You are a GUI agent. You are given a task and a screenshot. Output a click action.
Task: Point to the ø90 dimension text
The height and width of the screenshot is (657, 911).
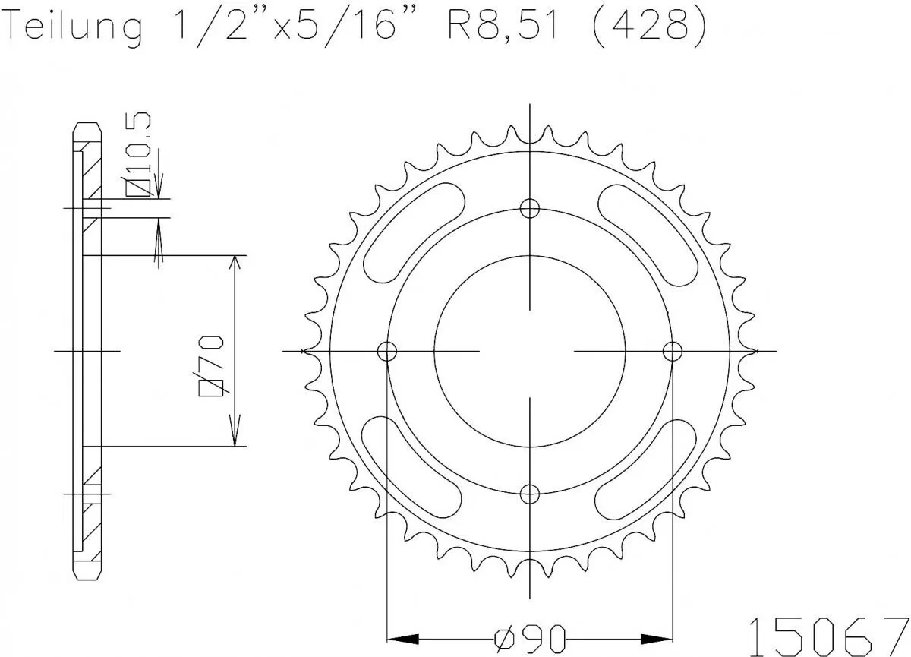[530, 635]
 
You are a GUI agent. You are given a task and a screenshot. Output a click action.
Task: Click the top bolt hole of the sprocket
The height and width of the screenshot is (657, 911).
[530, 207]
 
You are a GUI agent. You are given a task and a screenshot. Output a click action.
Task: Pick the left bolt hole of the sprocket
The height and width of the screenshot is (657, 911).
[387, 351]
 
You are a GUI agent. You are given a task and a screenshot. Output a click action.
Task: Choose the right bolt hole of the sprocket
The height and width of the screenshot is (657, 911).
[673, 351]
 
